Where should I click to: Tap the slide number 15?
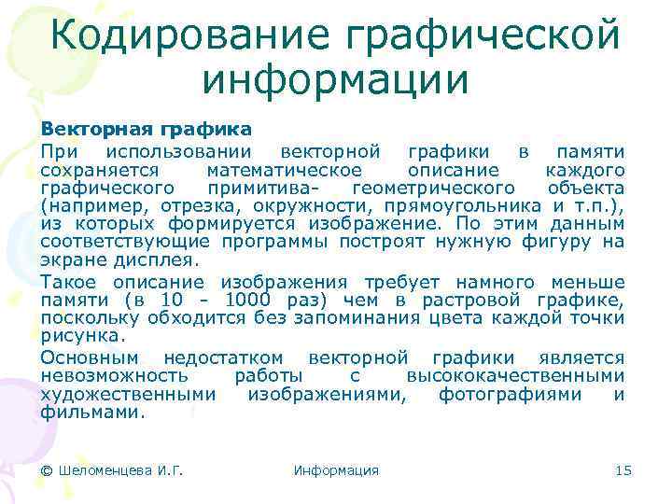[623, 470]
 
